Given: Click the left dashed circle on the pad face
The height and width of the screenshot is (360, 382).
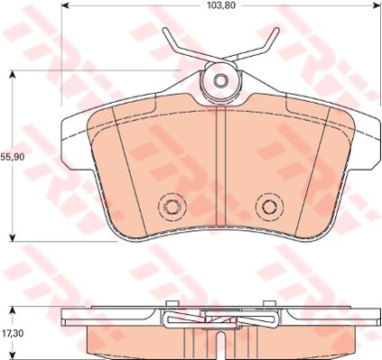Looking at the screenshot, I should (x=170, y=207).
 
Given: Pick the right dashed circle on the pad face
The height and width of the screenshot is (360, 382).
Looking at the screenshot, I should (x=267, y=207).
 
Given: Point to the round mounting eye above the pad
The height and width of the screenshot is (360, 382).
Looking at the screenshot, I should (x=219, y=81).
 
